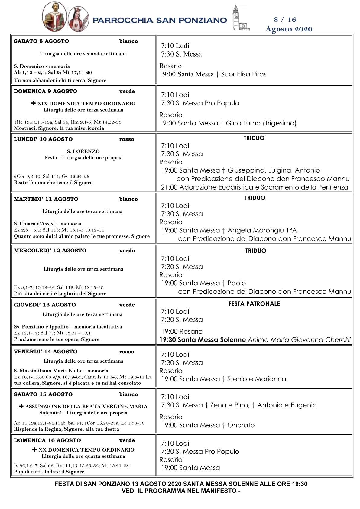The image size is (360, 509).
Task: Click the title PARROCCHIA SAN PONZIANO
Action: [160, 20]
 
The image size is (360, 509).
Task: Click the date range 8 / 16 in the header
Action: [285, 20]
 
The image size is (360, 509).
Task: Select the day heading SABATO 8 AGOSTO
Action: [41, 41]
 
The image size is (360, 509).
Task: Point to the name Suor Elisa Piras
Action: [244, 74]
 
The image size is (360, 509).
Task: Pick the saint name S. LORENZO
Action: [83, 151]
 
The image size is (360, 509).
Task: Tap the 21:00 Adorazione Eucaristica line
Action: [254, 187]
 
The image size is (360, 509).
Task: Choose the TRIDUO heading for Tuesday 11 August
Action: [255, 198]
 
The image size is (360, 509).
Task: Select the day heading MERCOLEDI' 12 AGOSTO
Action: [50, 251]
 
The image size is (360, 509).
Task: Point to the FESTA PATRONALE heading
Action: [254, 304]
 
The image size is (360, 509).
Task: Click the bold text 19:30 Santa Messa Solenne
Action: [202, 340]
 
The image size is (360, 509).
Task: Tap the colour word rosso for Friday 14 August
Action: [127, 352]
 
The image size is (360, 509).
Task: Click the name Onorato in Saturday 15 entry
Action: [241, 425]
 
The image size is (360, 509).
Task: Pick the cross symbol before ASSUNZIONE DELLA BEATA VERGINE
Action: [21, 407]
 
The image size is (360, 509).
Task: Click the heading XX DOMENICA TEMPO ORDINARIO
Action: [86, 450]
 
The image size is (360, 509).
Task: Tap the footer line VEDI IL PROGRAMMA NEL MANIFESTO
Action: [181, 491]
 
